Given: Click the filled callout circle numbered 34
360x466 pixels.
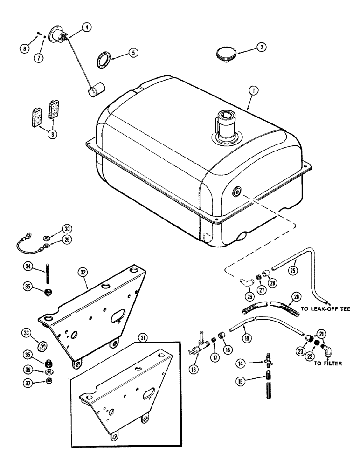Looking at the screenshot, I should pos(28,266).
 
